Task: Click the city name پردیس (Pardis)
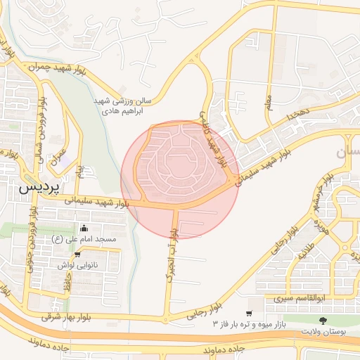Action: pos(37,188)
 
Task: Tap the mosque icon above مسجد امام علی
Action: pos(84,228)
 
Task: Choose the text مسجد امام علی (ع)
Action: pos(84,240)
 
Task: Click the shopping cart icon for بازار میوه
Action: pos(249,314)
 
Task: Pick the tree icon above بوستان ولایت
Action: pos(323,320)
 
